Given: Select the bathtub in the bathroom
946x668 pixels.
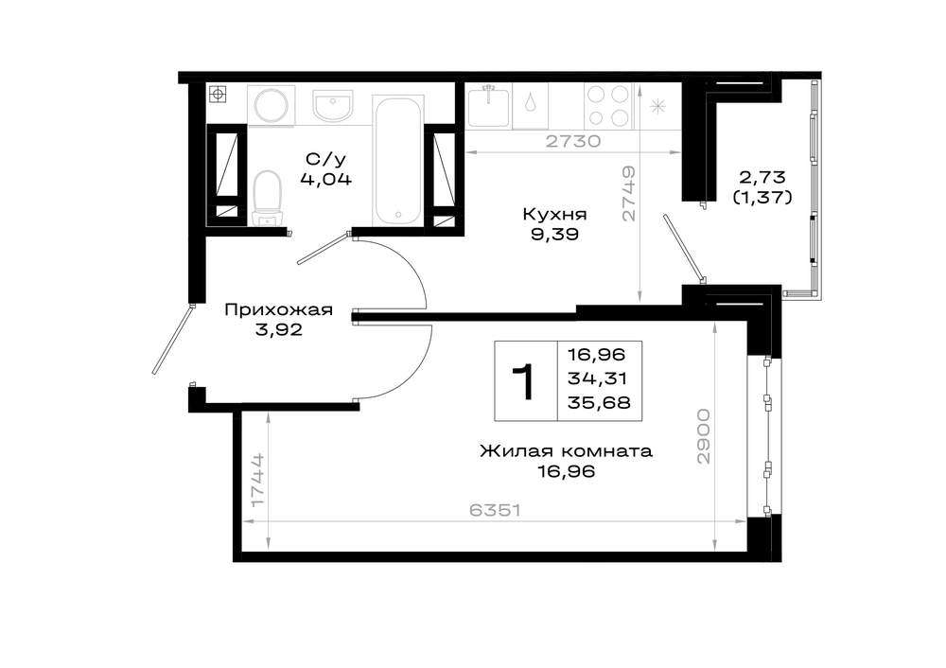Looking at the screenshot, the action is [397, 160].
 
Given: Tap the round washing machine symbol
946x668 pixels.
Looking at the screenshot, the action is [272, 106].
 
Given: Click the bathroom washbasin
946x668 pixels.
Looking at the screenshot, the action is [332, 105].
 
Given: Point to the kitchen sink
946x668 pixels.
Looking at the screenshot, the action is [489, 106].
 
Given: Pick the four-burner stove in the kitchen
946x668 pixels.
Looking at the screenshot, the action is [608, 106].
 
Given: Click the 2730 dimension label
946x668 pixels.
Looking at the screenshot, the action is [573, 141].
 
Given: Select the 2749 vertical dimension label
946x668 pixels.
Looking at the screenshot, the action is [629, 194].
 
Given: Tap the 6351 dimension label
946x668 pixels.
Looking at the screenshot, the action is [495, 511].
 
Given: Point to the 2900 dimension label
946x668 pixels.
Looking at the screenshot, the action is [704, 436].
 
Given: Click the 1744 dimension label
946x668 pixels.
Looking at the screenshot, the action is [257, 481].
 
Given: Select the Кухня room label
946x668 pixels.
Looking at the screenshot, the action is [554, 214].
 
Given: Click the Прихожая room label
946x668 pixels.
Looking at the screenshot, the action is [278, 310].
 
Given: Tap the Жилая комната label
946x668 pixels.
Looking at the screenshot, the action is [566, 450].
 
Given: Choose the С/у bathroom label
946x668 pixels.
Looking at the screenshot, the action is [325, 160].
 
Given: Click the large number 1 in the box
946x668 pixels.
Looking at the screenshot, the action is [524, 382].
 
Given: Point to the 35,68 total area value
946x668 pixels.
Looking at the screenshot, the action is [599, 402].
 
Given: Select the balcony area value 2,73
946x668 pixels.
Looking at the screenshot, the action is [762, 177].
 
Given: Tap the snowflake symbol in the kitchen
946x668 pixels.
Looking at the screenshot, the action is [657, 106].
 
